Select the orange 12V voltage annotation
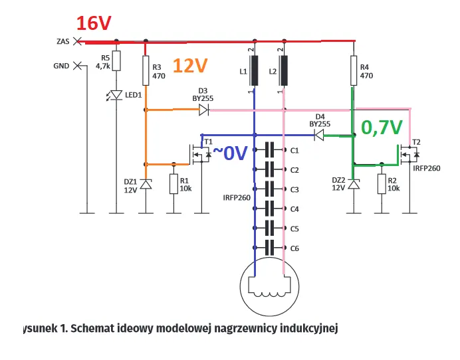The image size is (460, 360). click(x=190, y=65)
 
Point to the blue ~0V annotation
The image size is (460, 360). click(x=229, y=153)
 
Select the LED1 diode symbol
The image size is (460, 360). click(x=117, y=95)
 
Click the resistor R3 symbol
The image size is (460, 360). click(x=146, y=67)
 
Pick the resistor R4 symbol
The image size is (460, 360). click(x=354, y=67)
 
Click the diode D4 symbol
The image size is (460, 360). click(x=319, y=135)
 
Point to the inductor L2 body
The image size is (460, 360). click(x=284, y=71)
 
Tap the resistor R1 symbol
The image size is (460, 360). click(x=173, y=184)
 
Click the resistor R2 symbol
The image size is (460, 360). click(x=382, y=184)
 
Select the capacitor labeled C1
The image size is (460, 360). click(x=269, y=150)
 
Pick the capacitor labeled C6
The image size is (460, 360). click(x=269, y=248)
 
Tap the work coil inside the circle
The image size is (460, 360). click(x=269, y=286)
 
